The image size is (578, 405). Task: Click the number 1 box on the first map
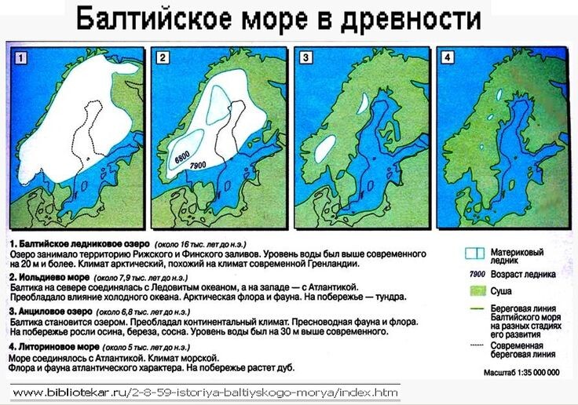tap(21, 57)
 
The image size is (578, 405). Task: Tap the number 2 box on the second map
tap(163, 57)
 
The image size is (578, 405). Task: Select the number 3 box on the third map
tap(306, 57)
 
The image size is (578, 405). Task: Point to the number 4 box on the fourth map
tap(447, 57)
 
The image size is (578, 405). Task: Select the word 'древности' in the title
tap(400, 18)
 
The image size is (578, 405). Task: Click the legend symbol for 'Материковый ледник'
tap(474, 254)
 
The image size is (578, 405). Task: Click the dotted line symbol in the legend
tap(474, 346)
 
